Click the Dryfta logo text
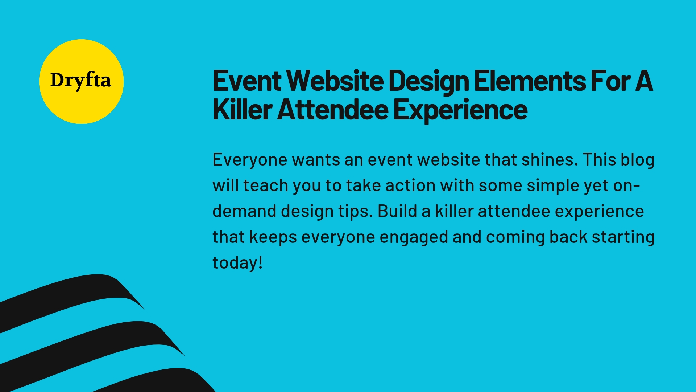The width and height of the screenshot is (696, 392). tap(80, 81)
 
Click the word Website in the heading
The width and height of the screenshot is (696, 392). tap(337, 81)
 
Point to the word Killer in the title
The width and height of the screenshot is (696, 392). tap(242, 110)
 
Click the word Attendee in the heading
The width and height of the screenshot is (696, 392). tap(333, 110)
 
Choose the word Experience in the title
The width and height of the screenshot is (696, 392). tap(460, 110)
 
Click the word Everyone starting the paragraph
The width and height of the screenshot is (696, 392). tap(250, 160)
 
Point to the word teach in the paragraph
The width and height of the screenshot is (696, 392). tap(265, 186)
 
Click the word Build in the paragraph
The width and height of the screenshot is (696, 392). tap(397, 212)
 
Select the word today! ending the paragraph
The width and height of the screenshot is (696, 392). tap(237, 263)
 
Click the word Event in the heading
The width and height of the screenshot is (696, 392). tap(247, 81)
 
